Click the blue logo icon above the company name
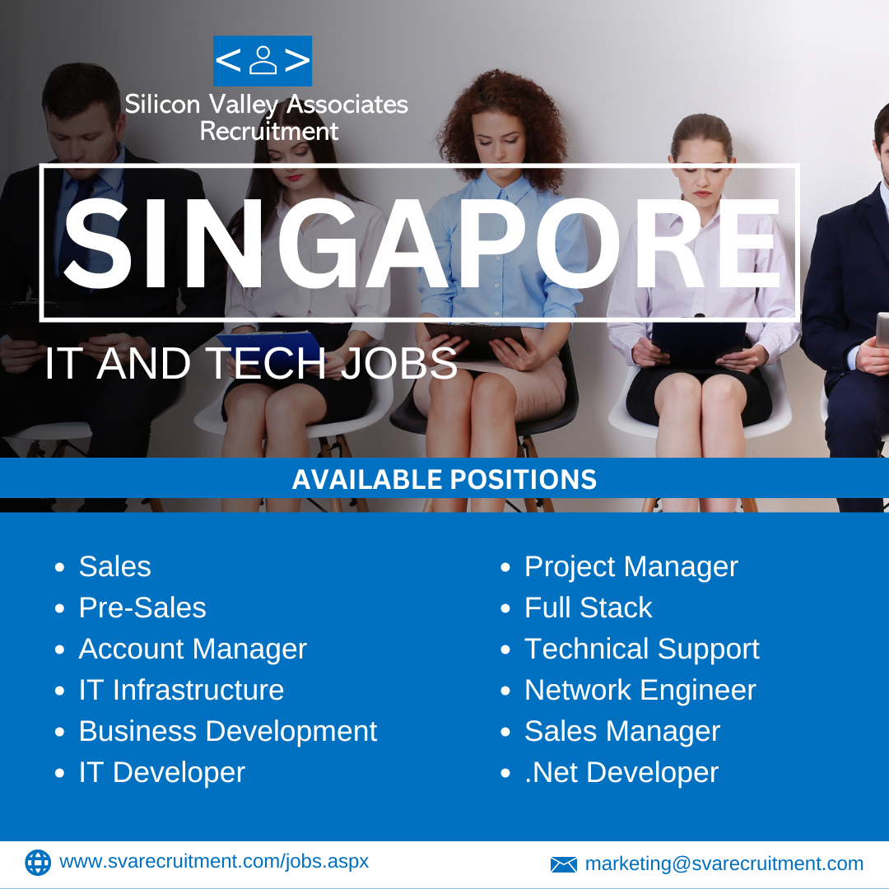click(x=263, y=61)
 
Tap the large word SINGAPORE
click(x=421, y=244)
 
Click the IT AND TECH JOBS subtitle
click(x=250, y=363)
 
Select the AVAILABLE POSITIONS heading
click(x=444, y=479)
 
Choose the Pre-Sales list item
click(x=142, y=607)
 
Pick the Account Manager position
click(x=193, y=649)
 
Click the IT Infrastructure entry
click(x=181, y=690)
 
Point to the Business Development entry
click(x=228, y=732)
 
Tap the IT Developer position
click(x=162, y=773)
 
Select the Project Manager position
click(x=631, y=567)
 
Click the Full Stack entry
click(x=589, y=607)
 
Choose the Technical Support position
click(x=642, y=649)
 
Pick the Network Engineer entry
click(x=640, y=691)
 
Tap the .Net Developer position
click(x=621, y=773)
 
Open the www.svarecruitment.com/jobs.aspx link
click(x=214, y=862)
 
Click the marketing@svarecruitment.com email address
click(x=724, y=863)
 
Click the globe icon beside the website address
click(x=38, y=863)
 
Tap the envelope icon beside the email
click(x=564, y=864)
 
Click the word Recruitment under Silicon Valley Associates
click(x=269, y=131)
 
